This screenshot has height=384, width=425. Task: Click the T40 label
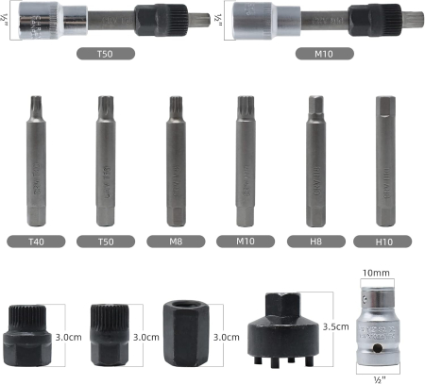tap(38, 241)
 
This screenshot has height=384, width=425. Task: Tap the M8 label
tap(175, 241)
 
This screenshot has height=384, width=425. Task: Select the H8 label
tap(315, 241)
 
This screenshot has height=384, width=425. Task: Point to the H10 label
tap(383, 241)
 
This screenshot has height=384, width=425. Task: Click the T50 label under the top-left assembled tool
tap(106, 54)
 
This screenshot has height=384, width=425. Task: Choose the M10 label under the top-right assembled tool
tap(314, 54)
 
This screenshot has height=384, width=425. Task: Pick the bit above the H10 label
tap(384, 160)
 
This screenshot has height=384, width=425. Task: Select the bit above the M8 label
tap(175, 160)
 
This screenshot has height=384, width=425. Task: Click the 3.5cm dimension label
tap(337, 326)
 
